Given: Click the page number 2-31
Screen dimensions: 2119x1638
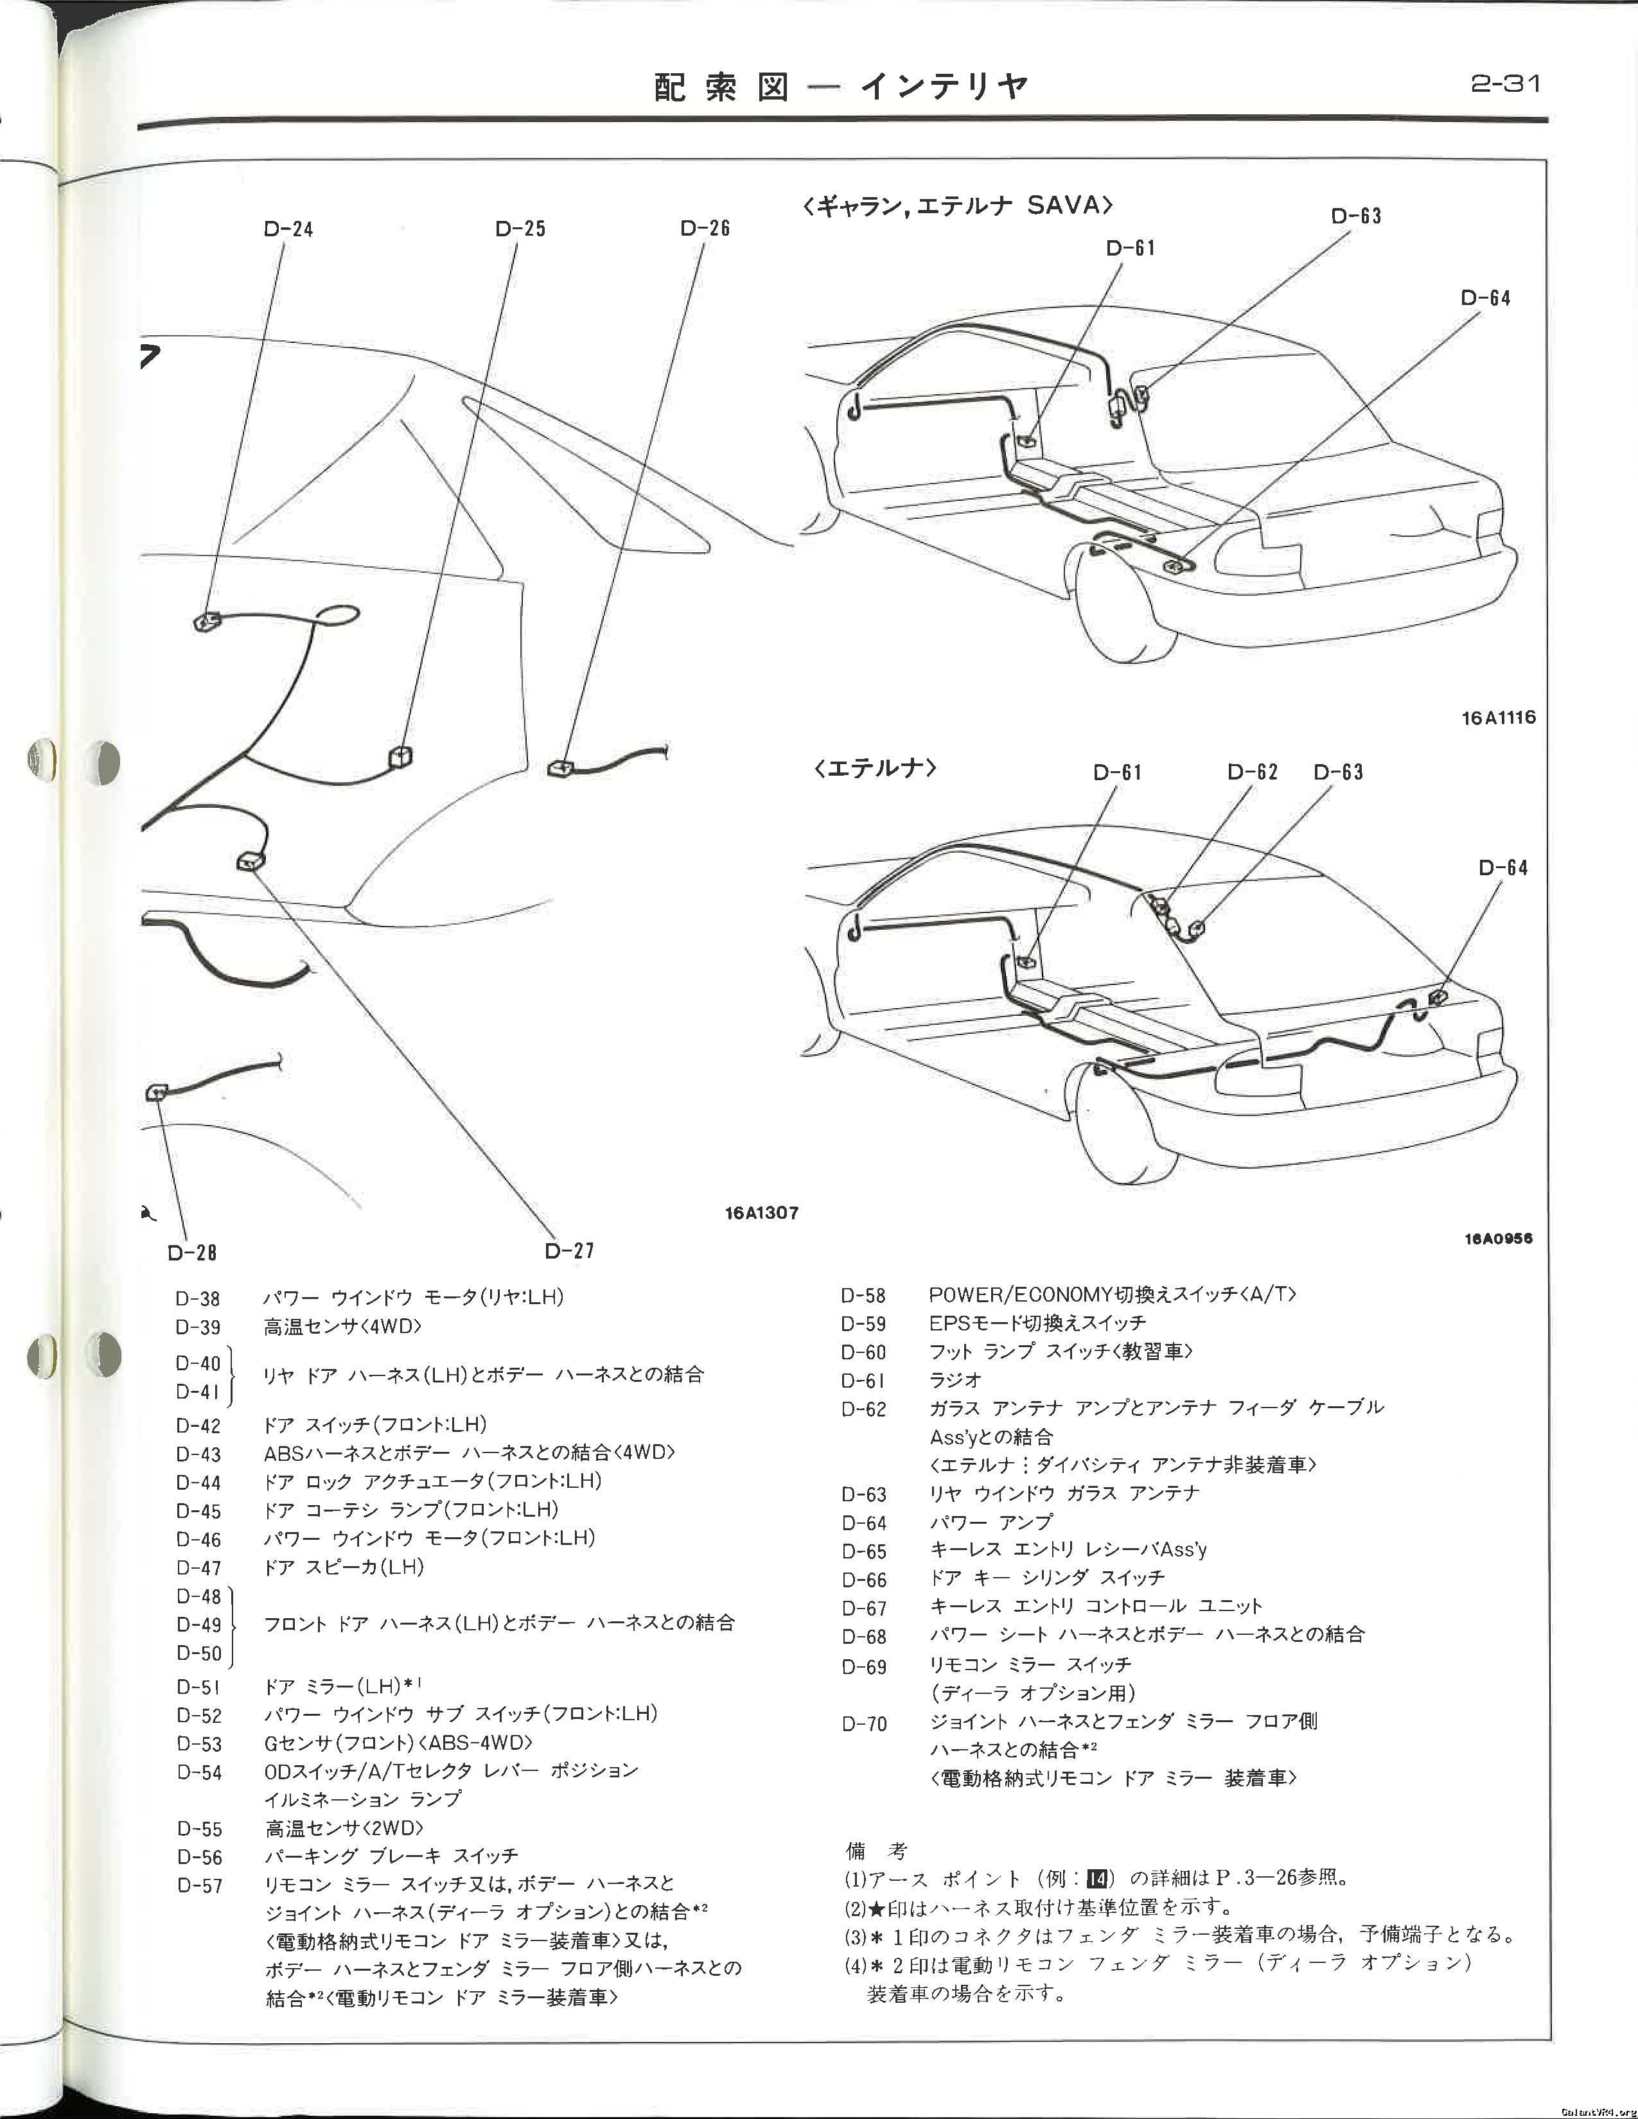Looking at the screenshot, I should point(1505,84).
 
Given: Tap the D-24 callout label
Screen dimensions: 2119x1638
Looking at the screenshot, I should point(288,229).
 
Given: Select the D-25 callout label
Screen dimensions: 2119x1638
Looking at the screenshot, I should point(520,229).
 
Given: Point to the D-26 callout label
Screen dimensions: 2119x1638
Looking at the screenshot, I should point(705,228).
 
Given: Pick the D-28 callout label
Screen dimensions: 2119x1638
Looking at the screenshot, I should point(191,1253).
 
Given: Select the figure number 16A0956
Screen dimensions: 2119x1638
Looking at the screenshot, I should point(1498,1238).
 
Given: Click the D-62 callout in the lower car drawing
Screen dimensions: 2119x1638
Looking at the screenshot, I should point(1252,772).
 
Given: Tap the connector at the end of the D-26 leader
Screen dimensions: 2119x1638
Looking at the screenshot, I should point(560,769).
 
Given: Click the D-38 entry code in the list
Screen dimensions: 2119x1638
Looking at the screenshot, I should point(198,1298).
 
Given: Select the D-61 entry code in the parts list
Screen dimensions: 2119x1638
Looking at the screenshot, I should point(863,1380).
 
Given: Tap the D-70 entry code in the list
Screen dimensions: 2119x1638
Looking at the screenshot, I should point(863,1724).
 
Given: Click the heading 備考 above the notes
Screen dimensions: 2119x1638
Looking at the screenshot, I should point(876,1851).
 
